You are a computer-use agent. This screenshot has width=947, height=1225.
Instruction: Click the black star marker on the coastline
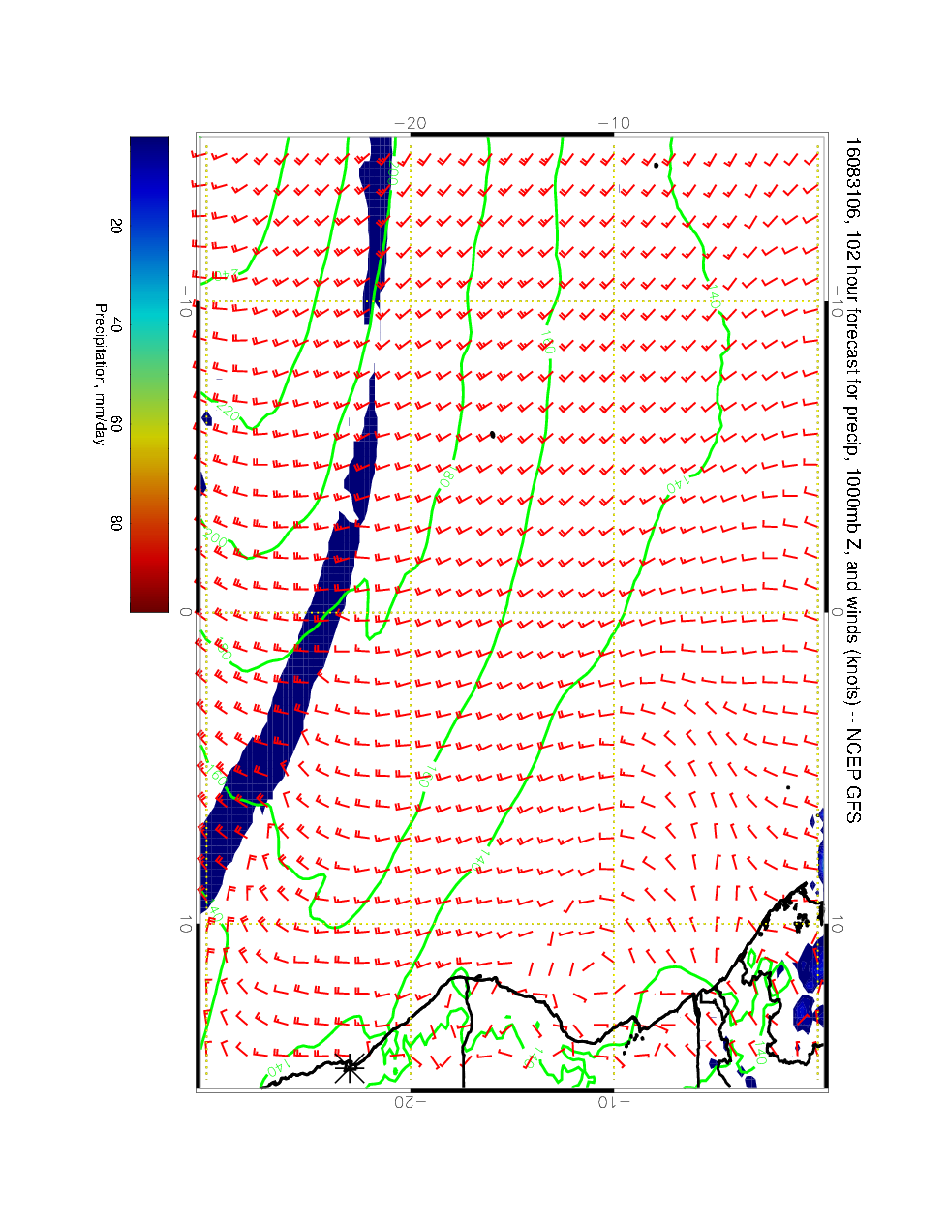349,1068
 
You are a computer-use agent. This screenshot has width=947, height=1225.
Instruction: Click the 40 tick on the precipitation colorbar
116,326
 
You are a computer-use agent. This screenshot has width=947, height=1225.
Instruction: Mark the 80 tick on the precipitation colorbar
116,523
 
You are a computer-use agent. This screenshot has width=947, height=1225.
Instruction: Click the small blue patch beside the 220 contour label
207,418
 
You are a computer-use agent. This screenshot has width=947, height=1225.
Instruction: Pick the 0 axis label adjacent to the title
839,612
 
